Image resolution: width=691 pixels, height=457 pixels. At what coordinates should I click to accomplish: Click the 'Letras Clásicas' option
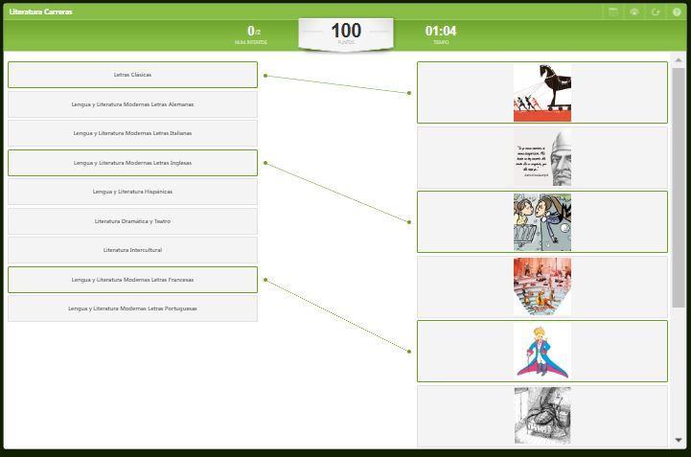point(132,75)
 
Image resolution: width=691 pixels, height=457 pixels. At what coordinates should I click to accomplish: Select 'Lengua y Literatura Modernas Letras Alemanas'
point(132,104)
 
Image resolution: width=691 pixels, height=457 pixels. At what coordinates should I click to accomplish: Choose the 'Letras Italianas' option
point(132,133)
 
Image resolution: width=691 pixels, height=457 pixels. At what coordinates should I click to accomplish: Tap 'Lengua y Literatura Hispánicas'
point(132,192)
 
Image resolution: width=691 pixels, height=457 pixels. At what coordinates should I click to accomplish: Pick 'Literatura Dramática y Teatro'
point(132,221)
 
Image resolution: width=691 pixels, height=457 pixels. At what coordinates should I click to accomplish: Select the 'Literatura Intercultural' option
point(132,250)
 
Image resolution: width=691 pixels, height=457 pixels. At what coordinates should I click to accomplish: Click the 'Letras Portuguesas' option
point(132,308)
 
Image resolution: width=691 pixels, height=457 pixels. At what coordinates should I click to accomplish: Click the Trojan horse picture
point(541,93)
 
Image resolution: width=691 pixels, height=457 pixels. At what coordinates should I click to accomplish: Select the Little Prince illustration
point(541,352)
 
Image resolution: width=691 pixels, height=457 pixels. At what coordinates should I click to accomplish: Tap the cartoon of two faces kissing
point(541,222)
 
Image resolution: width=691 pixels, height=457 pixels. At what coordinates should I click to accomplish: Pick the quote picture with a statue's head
point(541,158)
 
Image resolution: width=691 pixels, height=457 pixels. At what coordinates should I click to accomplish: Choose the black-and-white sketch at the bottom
point(541,415)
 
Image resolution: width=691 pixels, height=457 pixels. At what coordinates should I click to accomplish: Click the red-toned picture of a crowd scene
point(541,286)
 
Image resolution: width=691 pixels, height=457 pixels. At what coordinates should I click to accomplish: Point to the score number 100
point(345,31)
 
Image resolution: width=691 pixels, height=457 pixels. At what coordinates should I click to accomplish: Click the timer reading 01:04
point(441,31)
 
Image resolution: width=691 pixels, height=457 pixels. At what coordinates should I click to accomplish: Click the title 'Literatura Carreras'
point(40,11)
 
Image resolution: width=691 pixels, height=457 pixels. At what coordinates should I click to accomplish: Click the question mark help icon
point(677,11)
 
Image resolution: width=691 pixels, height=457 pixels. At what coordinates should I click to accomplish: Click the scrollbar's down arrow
point(679,440)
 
